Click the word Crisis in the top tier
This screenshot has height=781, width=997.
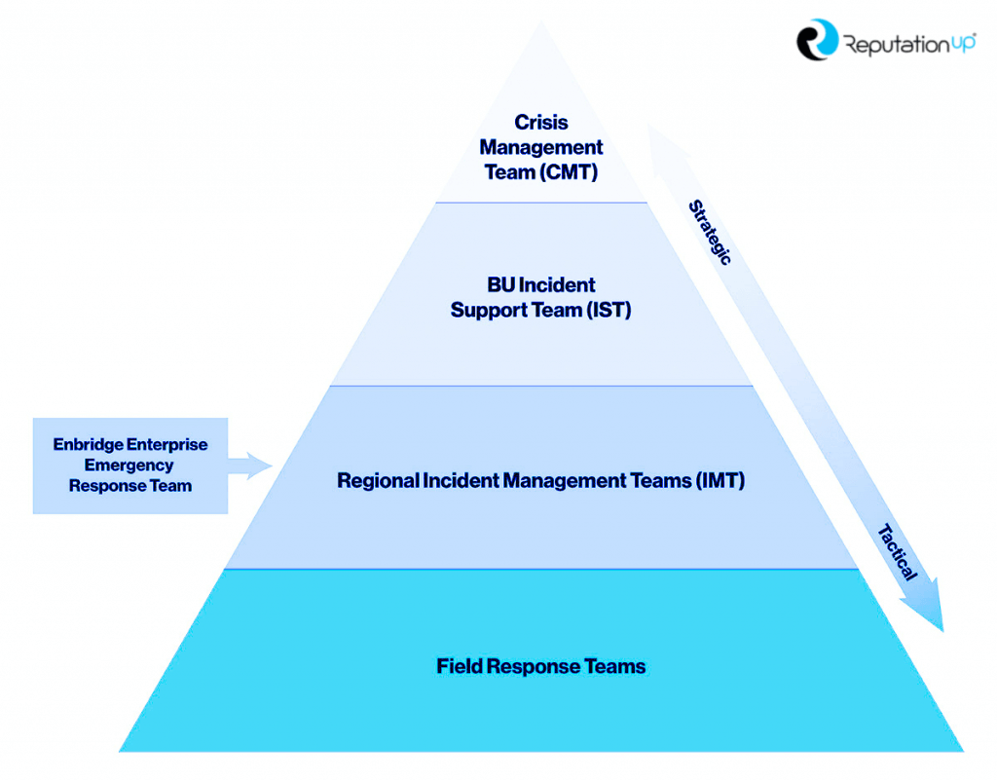click(541, 123)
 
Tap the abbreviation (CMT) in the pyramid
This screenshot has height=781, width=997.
click(568, 172)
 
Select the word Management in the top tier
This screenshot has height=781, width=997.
click(541, 148)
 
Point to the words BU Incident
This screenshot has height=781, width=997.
click(541, 285)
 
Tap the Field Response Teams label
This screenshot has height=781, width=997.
click(541, 667)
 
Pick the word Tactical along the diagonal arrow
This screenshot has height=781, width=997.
click(897, 552)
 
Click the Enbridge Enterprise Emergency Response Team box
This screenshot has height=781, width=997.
click(130, 465)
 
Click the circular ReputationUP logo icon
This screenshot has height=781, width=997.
click(816, 40)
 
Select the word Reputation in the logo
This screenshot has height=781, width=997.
click(892, 44)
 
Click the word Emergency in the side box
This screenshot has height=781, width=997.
click(129, 465)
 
